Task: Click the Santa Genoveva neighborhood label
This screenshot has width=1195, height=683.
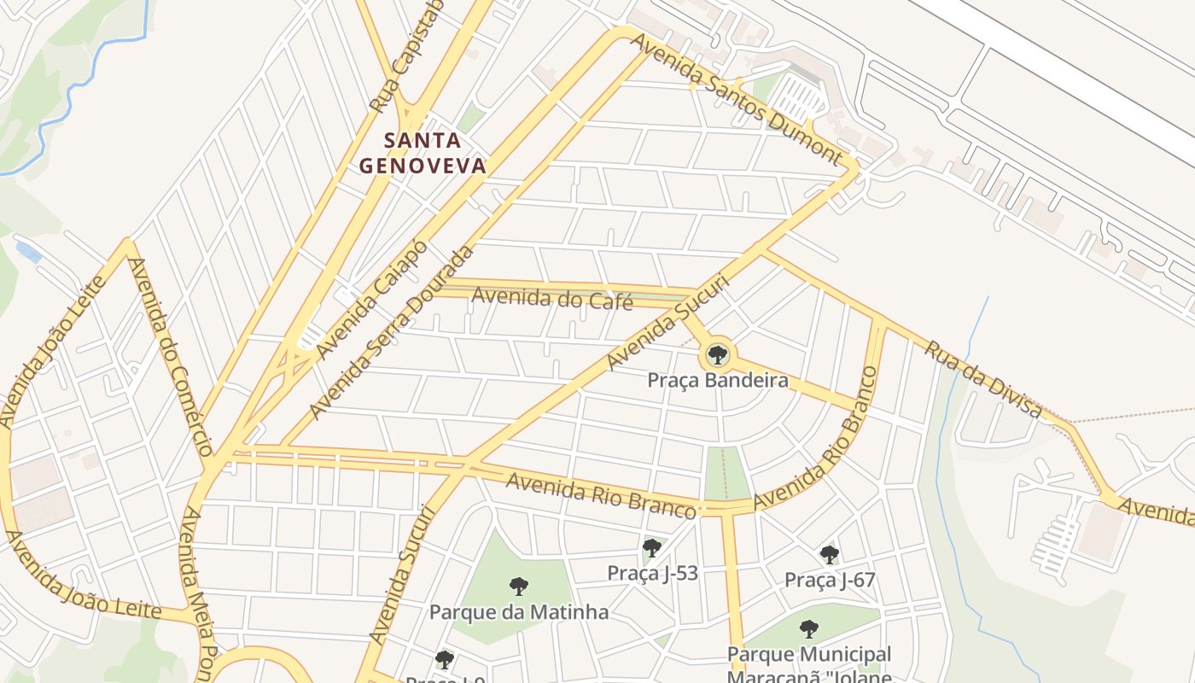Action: (x=423, y=153)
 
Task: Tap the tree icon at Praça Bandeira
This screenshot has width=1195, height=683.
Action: (x=717, y=354)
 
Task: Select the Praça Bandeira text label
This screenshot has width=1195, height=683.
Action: (x=717, y=381)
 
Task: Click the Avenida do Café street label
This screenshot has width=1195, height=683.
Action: (x=552, y=300)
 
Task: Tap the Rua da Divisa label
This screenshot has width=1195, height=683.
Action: (x=984, y=380)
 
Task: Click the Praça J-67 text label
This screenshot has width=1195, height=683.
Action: (x=830, y=581)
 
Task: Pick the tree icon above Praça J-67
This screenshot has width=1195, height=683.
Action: (x=829, y=555)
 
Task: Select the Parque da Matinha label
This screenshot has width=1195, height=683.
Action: (x=518, y=612)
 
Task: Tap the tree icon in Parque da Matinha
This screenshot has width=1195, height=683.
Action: (x=518, y=587)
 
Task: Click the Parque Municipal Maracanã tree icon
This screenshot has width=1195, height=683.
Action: (x=808, y=629)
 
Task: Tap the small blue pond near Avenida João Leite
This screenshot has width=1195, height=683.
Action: (x=28, y=253)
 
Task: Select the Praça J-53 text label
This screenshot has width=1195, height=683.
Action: (x=652, y=573)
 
